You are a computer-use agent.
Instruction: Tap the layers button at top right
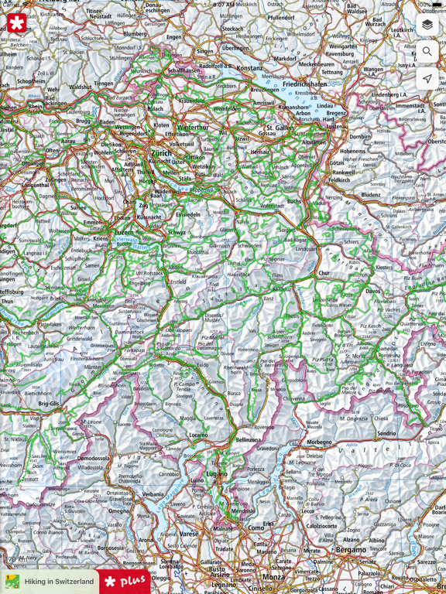point(427,25)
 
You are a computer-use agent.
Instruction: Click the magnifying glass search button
point(427,52)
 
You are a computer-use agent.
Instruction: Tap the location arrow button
point(427,79)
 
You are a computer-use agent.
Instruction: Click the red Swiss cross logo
point(16,23)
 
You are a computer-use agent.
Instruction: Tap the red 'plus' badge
point(125,581)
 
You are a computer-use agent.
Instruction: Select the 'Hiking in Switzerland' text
point(59,582)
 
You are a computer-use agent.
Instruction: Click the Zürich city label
point(162,153)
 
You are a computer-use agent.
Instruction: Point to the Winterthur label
point(193,127)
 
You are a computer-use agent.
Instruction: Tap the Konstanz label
point(249,68)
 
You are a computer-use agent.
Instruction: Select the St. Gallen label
point(280,128)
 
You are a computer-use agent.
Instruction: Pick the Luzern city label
point(125,231)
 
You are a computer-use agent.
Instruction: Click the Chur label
point(324,273)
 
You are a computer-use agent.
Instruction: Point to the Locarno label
point(198,435)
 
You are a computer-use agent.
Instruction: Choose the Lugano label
point(217,473)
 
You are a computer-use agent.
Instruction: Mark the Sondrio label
point(386,433)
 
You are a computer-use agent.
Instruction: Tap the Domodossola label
point(93,458)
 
